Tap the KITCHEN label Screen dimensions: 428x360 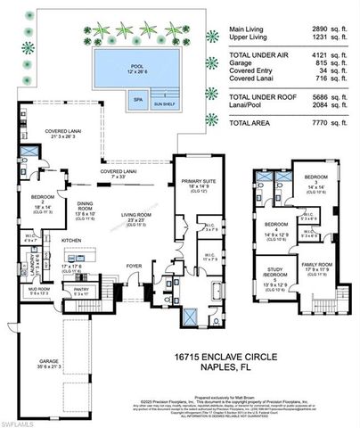click(x=71, y=240)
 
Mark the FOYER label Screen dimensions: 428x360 click(x=135, y=265)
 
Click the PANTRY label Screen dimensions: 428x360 click(x=105, y=289)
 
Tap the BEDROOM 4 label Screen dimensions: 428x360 click(x=274, y=228)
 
